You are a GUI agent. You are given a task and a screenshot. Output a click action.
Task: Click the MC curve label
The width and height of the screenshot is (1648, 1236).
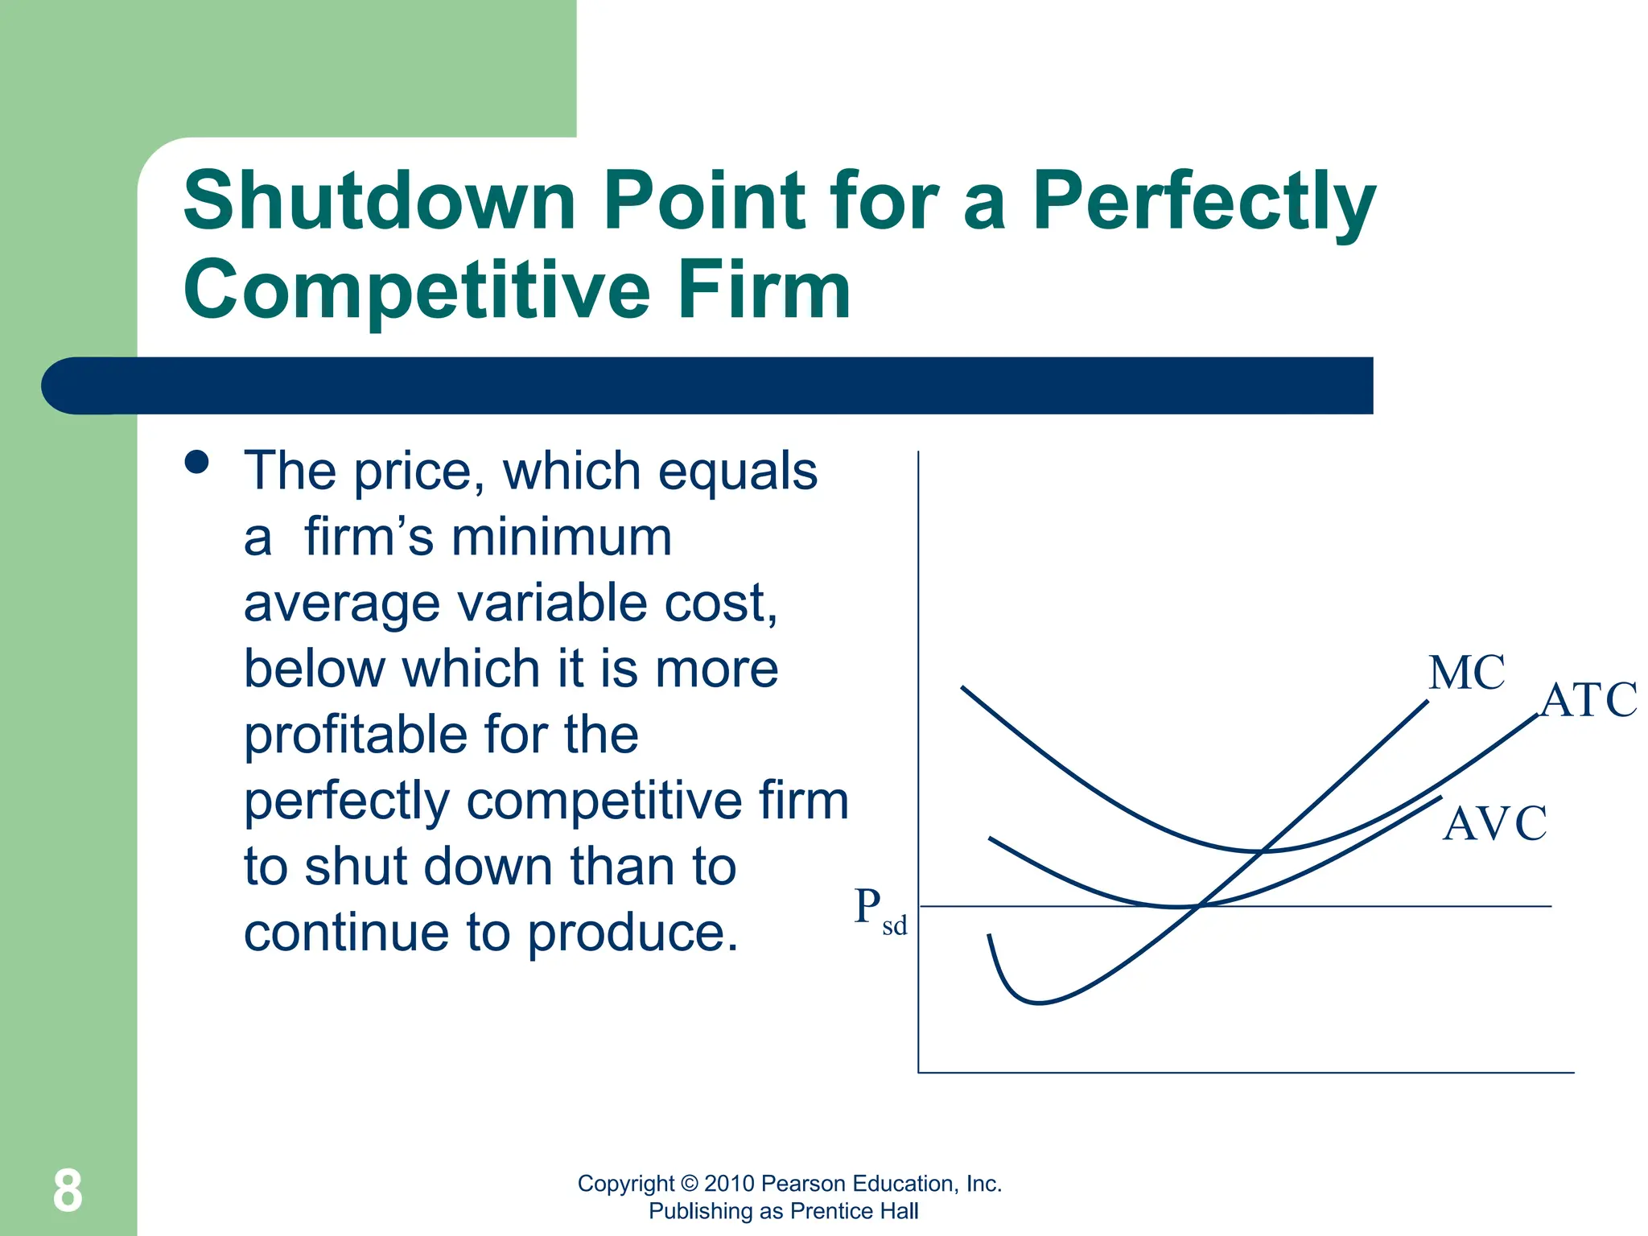[x=1466, y=673]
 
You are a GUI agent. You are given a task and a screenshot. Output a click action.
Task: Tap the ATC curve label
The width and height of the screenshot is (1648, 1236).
[x=1588, y=699]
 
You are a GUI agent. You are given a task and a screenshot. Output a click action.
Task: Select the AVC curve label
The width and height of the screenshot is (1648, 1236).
[x=1494, y=823]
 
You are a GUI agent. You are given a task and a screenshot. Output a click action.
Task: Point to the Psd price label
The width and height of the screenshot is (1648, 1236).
[x=879, y=911]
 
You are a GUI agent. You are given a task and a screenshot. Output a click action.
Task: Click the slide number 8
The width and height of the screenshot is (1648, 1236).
[x=68, y=1191]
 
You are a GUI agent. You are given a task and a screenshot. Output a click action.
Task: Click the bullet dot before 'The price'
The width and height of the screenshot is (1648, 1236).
[x=196, y=462]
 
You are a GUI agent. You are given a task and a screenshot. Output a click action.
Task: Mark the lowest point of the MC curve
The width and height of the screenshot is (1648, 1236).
[x=1039, y=1003]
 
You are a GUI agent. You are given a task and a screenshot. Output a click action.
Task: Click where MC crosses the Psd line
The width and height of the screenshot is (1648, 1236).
[x=1198, y=906]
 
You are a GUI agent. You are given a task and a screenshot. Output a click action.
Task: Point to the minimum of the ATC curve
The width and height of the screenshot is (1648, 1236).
[x=1257, y=851]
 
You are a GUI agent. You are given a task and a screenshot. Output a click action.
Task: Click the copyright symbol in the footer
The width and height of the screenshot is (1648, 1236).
[x=689, y=1184]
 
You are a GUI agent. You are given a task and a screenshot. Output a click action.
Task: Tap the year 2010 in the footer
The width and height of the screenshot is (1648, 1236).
[x=729, y=1184]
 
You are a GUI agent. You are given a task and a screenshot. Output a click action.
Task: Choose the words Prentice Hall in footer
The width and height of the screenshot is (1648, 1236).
[x=854, y=1211]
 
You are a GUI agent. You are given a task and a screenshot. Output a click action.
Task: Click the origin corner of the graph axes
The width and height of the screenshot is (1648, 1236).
[x=918, y=1072]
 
